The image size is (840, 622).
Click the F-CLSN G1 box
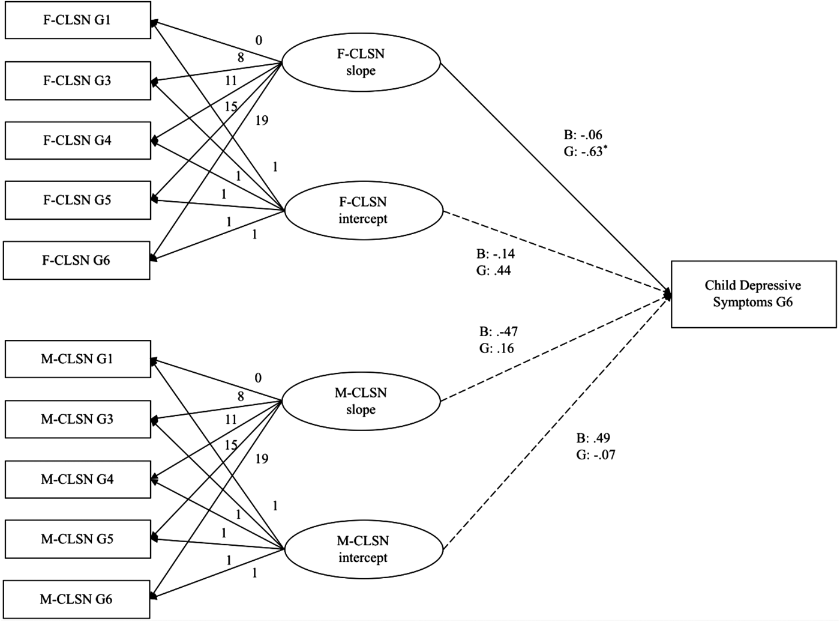coord(77,20)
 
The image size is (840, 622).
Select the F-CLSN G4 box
coord(77,140)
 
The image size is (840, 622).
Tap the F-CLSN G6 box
coord(76,261)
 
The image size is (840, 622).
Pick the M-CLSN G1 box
coord(77,359)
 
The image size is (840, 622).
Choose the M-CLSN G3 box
coord(77,419)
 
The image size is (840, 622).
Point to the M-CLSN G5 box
coord(77,539)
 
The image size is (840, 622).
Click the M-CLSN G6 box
coord(76,599)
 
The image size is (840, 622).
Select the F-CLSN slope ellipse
coord(361,62)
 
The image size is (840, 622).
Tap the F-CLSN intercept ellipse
coord(363,211)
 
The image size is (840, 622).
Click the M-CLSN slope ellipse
coord(361,401)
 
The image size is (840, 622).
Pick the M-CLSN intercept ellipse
coord(363,549)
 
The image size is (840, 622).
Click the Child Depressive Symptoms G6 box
coord(753,294)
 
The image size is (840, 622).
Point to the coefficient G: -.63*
coord(583,152)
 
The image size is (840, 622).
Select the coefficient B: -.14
coord(496,254)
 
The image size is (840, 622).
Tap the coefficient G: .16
coord(496,348)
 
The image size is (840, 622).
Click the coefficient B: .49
coord(593,438)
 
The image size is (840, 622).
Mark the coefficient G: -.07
coord(595,455)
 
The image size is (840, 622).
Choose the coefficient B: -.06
coord(583,135)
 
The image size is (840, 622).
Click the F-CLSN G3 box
coord(77,80)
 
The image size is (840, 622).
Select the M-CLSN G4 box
coord(77,479)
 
